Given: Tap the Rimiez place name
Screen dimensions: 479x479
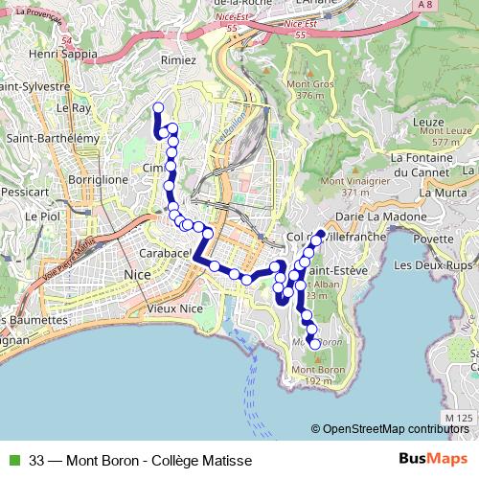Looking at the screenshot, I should click(x=178, y=59).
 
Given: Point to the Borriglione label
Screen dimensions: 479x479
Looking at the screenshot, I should click(x=98, y=179).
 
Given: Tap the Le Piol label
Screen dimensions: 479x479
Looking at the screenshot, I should click(x=43, y=217).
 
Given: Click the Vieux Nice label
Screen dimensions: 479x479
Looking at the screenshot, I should click(x=175, y=308).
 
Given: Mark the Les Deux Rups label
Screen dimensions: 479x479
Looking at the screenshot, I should click(x=432, y=264).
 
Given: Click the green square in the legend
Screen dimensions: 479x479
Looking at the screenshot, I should click(x=12, y=461).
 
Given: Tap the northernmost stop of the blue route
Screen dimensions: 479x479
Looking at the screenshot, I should click(x=158, y=107).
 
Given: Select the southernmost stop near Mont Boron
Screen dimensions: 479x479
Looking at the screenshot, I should click(x=315, y=344).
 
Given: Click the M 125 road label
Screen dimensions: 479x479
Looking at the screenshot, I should click(x=460, y=418).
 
